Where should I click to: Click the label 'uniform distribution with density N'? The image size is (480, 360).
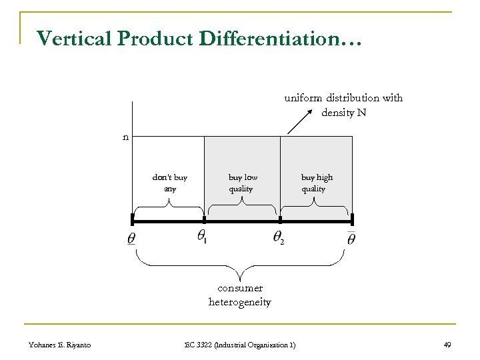[343, 105]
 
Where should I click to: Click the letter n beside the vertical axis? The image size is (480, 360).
[125, 137]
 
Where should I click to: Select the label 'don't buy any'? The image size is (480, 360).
[170, 183]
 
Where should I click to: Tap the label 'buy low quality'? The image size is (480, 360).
[242, 183]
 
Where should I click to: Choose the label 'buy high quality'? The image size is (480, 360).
[316, 183]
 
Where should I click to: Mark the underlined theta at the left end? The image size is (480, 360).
[131, 238]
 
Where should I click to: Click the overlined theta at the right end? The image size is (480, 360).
[351, 237]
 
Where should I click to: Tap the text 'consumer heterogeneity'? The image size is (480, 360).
[240, 295]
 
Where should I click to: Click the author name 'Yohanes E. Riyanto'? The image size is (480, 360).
[60, 344]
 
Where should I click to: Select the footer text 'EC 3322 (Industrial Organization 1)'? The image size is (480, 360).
[240, 344]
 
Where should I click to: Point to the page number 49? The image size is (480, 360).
[447, 344]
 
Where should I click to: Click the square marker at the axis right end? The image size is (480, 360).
[352, 219]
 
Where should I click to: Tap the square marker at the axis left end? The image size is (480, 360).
[133, 219]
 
